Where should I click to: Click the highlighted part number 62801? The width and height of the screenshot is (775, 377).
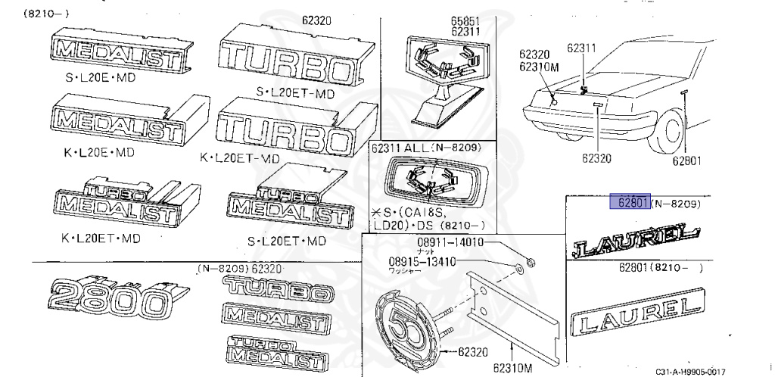click(x=630, y=202)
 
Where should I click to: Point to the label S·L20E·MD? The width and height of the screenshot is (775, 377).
click(x=99, y=78)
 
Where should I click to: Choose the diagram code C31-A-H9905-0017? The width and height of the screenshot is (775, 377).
click(x=691, y=370)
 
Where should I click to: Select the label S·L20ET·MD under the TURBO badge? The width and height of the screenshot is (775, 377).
click(x=295, y=94)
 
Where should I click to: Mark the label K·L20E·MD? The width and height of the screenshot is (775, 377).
click(x=98, y=151)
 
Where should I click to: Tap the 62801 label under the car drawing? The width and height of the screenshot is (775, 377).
click(x=687, y=160)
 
